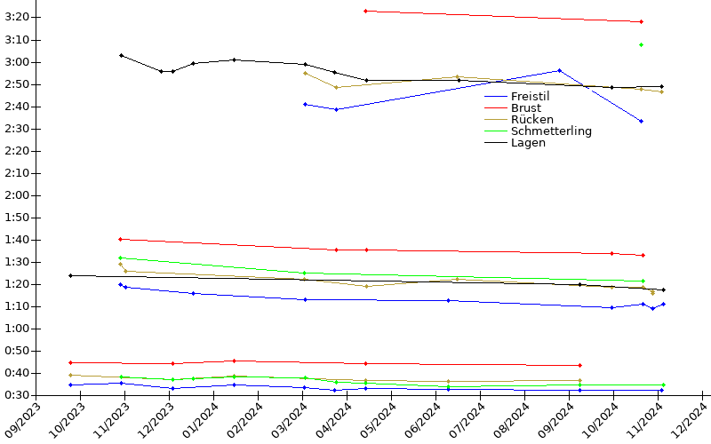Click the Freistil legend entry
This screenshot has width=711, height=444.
pyautogui.click(x=531, y=96)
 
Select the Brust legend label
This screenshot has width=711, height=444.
pyautogui.click(x=525, y=107)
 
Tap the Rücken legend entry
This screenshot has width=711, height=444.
pyautogui.click(x=531, y=119)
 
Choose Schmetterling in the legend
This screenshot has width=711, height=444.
pyautogui.click(x=551, y=131)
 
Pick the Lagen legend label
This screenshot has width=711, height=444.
pyautogui.click(x=528, y=142)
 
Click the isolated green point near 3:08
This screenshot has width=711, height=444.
pyautogui.click(x=641, y=44)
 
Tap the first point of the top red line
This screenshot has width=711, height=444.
pyautogui.click(x=365, y=11)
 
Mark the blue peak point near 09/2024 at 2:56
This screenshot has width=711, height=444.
pyautogui.click(x=559, y=70)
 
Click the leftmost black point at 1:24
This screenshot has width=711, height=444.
pyautogui.click(x=70, y=275)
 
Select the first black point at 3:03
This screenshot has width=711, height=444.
pyautogui.click(x=121, y=55)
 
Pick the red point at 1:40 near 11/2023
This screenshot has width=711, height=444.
pyautogui.click(x=120, y=239)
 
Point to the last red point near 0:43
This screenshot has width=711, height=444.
pyautogui.click(x=579, y=365)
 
